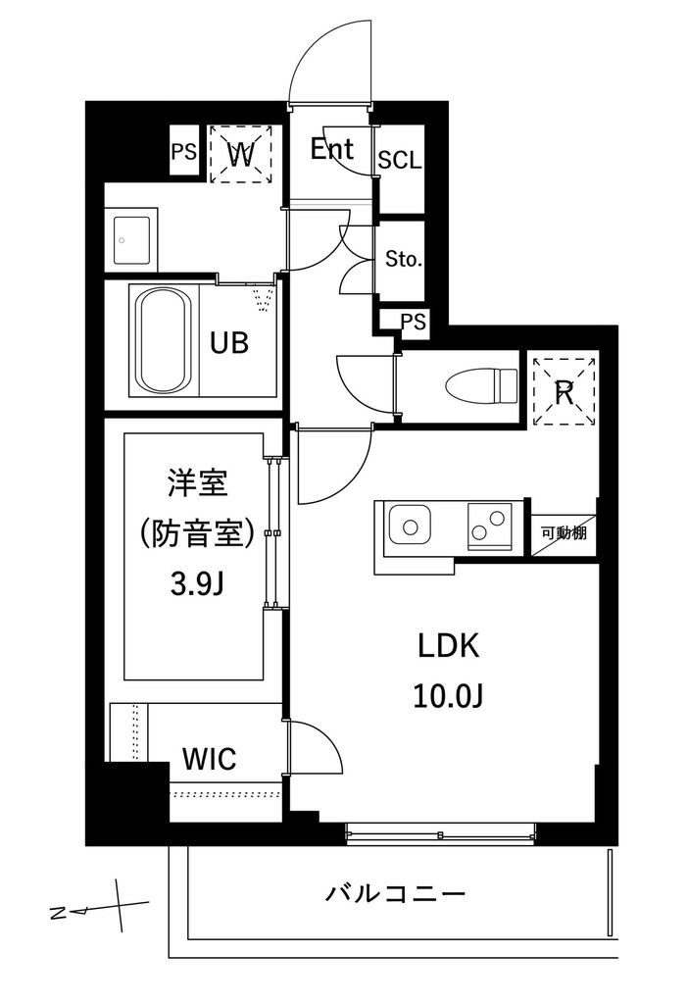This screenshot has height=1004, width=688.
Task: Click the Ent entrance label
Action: tap(332, 150)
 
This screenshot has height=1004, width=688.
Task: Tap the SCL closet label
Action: tap(399, 161)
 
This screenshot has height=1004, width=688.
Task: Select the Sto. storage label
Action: tap(403, 260)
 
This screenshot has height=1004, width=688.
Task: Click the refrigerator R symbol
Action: tap(565, 392)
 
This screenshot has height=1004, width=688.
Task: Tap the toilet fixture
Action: tap(479, 383)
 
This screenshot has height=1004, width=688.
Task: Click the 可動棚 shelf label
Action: tap(564, 533)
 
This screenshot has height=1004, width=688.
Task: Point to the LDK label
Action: tap(448, 646)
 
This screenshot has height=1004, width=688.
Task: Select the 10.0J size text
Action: tap(448, 695)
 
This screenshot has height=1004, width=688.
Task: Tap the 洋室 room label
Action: tap(196, 483)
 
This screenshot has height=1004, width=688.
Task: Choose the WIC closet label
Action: tap(209, 759)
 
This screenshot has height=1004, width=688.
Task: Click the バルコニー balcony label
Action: tap(394, 894)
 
